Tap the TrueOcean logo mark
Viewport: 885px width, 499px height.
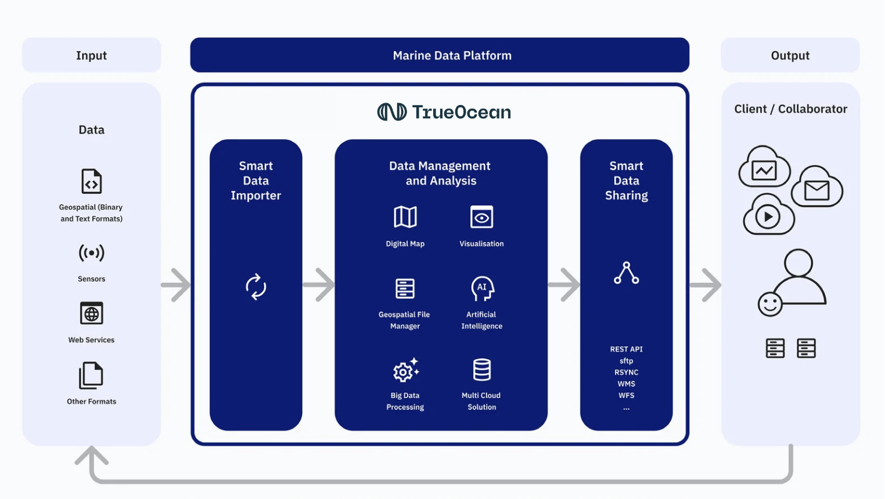tap(392, 112)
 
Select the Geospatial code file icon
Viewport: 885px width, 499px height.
tap(91, 182)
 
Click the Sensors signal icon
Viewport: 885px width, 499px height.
tap(91, 253)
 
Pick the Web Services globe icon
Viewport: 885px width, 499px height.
tap(91, 314)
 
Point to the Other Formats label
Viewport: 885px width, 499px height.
tap(91, 402)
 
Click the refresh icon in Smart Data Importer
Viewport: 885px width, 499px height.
tap(256, 287)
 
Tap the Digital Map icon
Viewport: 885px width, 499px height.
tap(405, 218)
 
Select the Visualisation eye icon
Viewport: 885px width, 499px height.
tap(481, 218)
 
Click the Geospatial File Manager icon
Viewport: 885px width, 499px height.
tap(405, 288)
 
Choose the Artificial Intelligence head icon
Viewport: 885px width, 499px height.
tap(482, 288)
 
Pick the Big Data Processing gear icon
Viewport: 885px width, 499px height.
tap(405, 370)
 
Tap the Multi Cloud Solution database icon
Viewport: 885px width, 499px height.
tap(481, 370)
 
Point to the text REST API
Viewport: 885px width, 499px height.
tap(626, 349)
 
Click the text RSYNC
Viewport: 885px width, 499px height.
tap(626, 373)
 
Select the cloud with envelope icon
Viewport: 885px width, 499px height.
tap(816, 188)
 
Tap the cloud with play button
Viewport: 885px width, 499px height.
tap(768, 215)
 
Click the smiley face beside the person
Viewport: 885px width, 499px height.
tap(770, 304)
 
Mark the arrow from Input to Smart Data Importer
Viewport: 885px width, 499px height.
tap(176, 285)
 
